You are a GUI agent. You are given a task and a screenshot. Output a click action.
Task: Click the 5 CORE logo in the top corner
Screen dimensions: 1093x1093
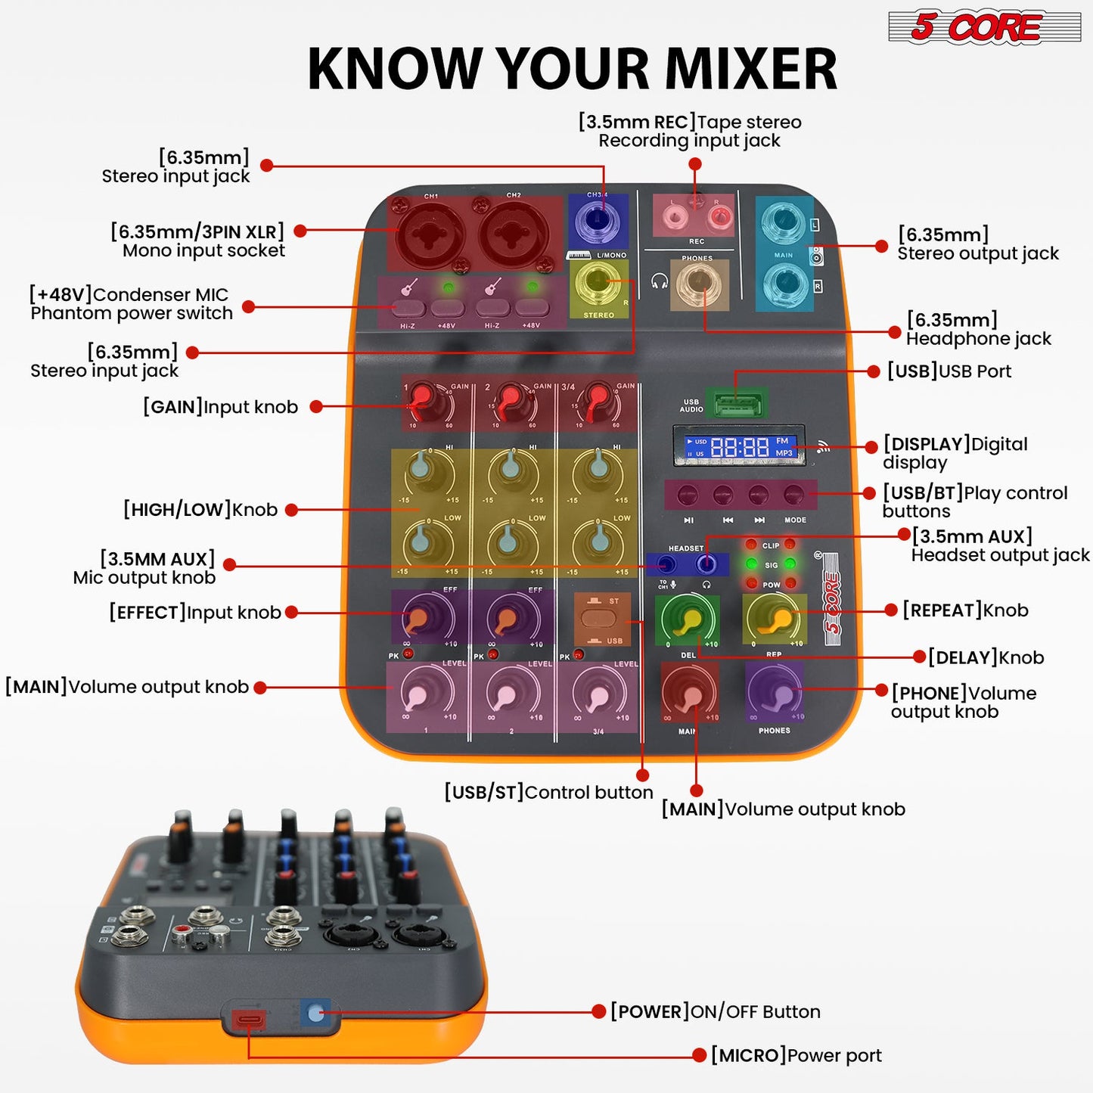tap(983, 27)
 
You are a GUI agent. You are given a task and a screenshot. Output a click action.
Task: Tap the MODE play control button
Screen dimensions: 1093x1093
tap(793, 495)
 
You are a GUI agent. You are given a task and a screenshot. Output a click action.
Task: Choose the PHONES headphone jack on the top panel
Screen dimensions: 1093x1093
tap(698, 284)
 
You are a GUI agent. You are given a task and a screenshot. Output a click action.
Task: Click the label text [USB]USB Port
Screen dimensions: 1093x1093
tap(949, 371)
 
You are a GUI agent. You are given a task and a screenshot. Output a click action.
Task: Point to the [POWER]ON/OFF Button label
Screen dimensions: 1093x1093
tap(715, 1012)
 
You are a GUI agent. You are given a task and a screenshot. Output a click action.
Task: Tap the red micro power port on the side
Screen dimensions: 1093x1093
tap(248, 1020)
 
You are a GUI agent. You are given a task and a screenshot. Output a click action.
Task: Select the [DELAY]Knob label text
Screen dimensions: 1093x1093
tap(986, 658)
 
